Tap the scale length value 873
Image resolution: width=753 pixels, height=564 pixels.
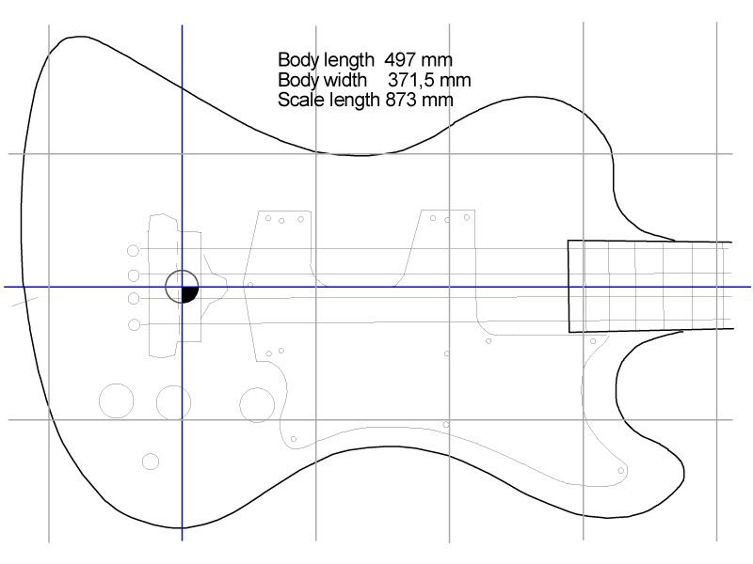coord(404,99)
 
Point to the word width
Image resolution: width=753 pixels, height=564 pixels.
coord(343,79)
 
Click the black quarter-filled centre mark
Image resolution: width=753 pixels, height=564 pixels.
coord(188,294)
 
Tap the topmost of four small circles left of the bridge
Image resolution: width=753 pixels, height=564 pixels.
coord(133,250)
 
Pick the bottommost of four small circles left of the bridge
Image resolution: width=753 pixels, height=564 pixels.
coord(133,324)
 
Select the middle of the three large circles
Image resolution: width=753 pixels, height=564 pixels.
coord(174,402)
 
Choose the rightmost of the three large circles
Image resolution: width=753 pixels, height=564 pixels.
coord(257,404)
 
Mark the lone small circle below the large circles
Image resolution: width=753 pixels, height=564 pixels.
coord(151,461)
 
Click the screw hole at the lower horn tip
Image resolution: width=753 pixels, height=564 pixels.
coord(621,469)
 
